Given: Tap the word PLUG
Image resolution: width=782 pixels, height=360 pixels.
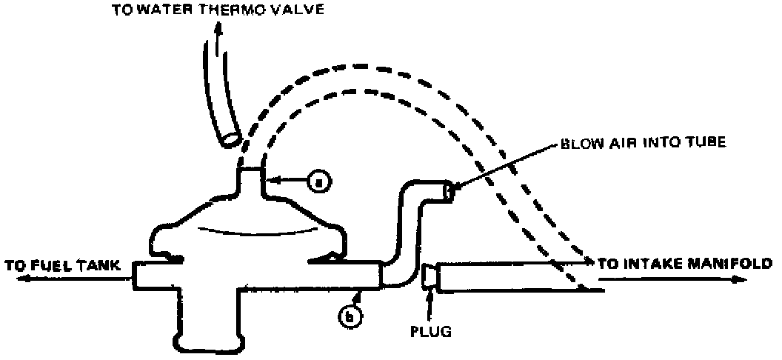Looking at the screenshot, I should (x=430, y=330).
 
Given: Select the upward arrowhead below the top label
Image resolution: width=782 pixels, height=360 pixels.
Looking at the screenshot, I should (x=217, y=27).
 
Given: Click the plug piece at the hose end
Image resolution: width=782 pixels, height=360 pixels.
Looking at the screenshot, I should (x=428, y=279).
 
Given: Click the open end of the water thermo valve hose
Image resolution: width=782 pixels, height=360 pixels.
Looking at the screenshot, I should (x=230, y=138).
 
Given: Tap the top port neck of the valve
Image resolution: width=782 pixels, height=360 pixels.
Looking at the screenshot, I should (x=251, y=182).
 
